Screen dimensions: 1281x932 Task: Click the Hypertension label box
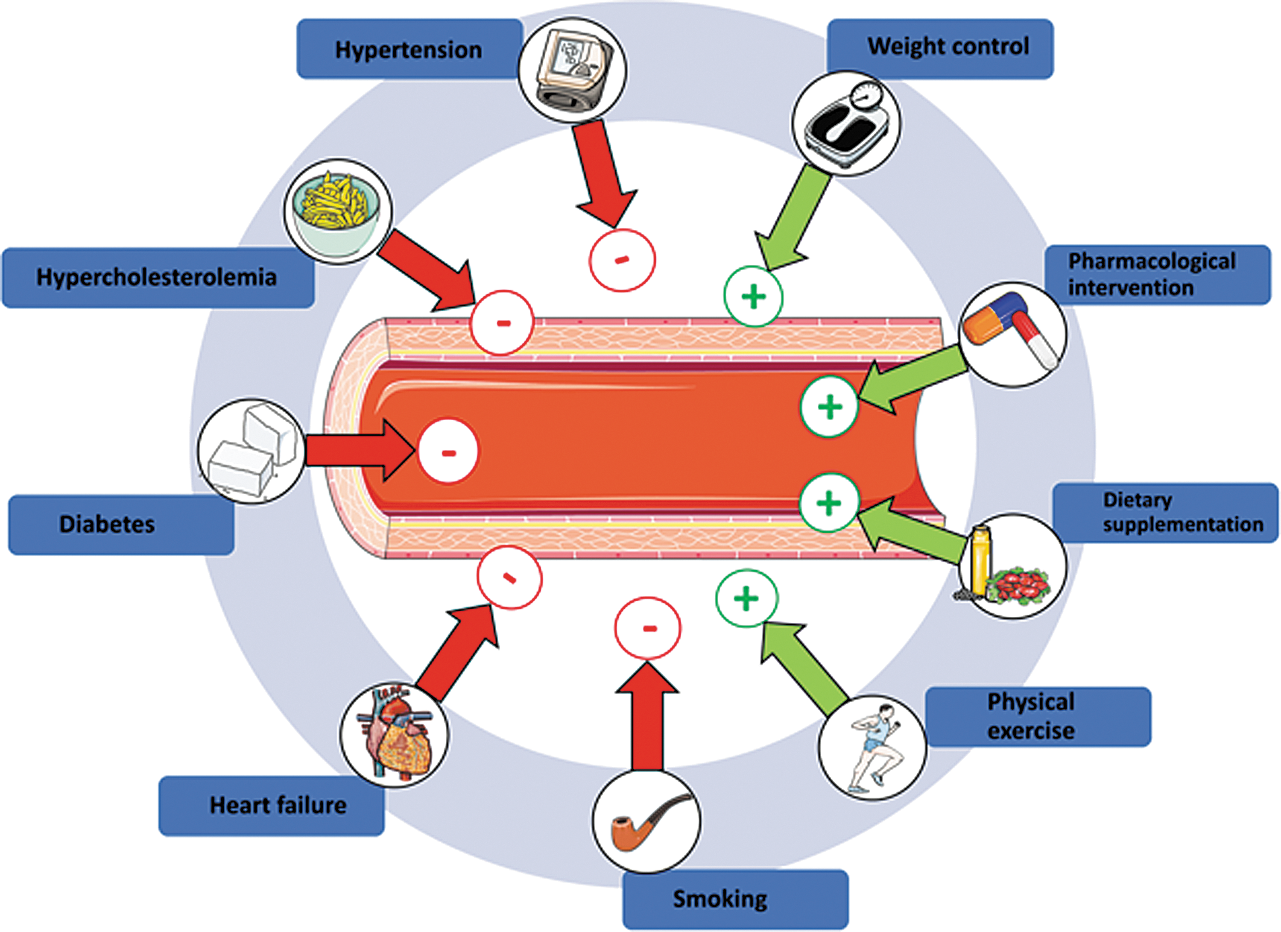pos(409,49)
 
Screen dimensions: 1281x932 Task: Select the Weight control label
pos(940,48)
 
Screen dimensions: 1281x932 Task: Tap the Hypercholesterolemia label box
pos(158,277)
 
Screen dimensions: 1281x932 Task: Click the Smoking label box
pos(735,899)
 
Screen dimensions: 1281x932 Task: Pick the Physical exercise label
pos(1038,717)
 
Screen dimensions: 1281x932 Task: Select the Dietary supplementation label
pos(1165,512)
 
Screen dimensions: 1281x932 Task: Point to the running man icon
pos(873,748)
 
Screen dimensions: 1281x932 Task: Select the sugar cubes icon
pos(252,451)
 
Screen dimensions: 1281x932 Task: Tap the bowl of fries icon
pos(338,212)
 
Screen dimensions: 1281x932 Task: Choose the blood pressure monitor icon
pos(572,70)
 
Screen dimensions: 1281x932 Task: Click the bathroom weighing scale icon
pos(846,123)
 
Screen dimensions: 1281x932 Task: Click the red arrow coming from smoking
pos(647,716)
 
